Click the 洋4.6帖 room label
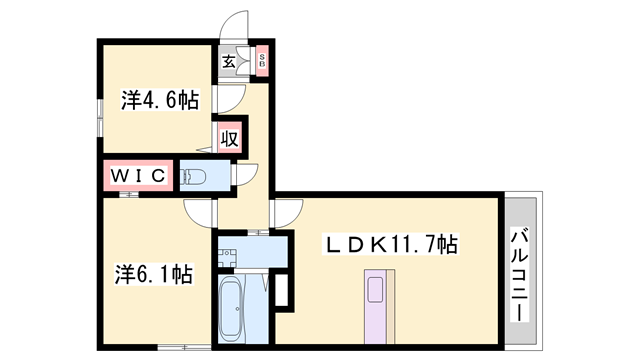[x=159, y=100]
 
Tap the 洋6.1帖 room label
[x=153, y=273]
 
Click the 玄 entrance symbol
[x=229, y=62]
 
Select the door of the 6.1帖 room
[x=199, y=213]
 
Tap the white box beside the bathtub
[x=281, y=289]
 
